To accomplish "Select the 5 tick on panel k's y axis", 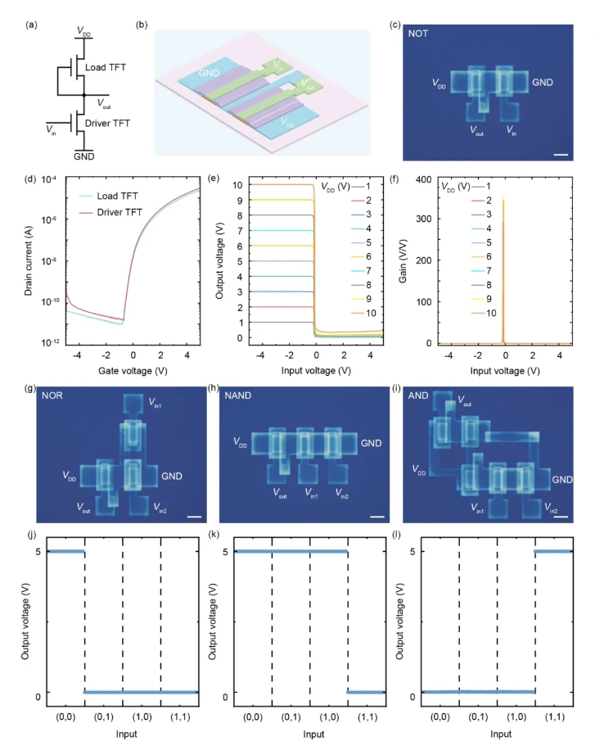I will click(223, 551).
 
